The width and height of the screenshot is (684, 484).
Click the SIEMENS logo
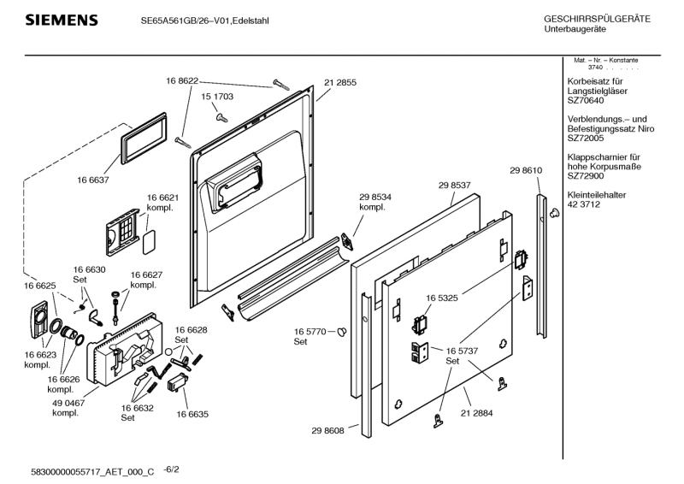(x=61, y=21)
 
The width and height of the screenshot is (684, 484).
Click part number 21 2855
(x=340, y=82)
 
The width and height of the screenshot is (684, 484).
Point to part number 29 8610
(x=526, y=171)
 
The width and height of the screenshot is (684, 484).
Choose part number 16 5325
(x=443, y=298)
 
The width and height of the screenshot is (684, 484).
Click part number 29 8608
(x=327, y=431)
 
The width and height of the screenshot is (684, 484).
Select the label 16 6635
(x=192, y=414)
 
